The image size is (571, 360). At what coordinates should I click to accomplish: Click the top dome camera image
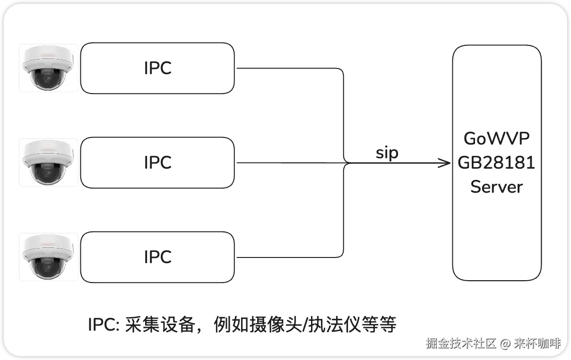[x=48, y=68]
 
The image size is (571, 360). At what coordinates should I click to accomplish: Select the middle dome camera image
[x=48, y=163]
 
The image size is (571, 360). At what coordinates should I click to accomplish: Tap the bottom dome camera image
[x=48, y=257]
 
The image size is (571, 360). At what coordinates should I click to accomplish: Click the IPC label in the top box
[x=157, y=69]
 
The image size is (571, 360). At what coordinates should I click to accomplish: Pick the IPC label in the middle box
[x=157, y=163]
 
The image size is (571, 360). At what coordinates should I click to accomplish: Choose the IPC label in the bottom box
[x=157, y=257]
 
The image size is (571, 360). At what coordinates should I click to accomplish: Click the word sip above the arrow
[x=387, y=153]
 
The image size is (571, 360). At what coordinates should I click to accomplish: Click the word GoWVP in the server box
[x=497, y=139]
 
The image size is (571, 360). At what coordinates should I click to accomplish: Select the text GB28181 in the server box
[x=497, y=163]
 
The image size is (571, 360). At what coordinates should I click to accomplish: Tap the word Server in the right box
[x=497, y=187]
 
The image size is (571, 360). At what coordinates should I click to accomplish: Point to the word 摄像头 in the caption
[x=277, y=325]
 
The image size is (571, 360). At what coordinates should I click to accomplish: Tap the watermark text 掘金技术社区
[x=461, y=343]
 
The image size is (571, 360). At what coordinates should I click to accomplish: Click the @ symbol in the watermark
[x=505, y=343]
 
